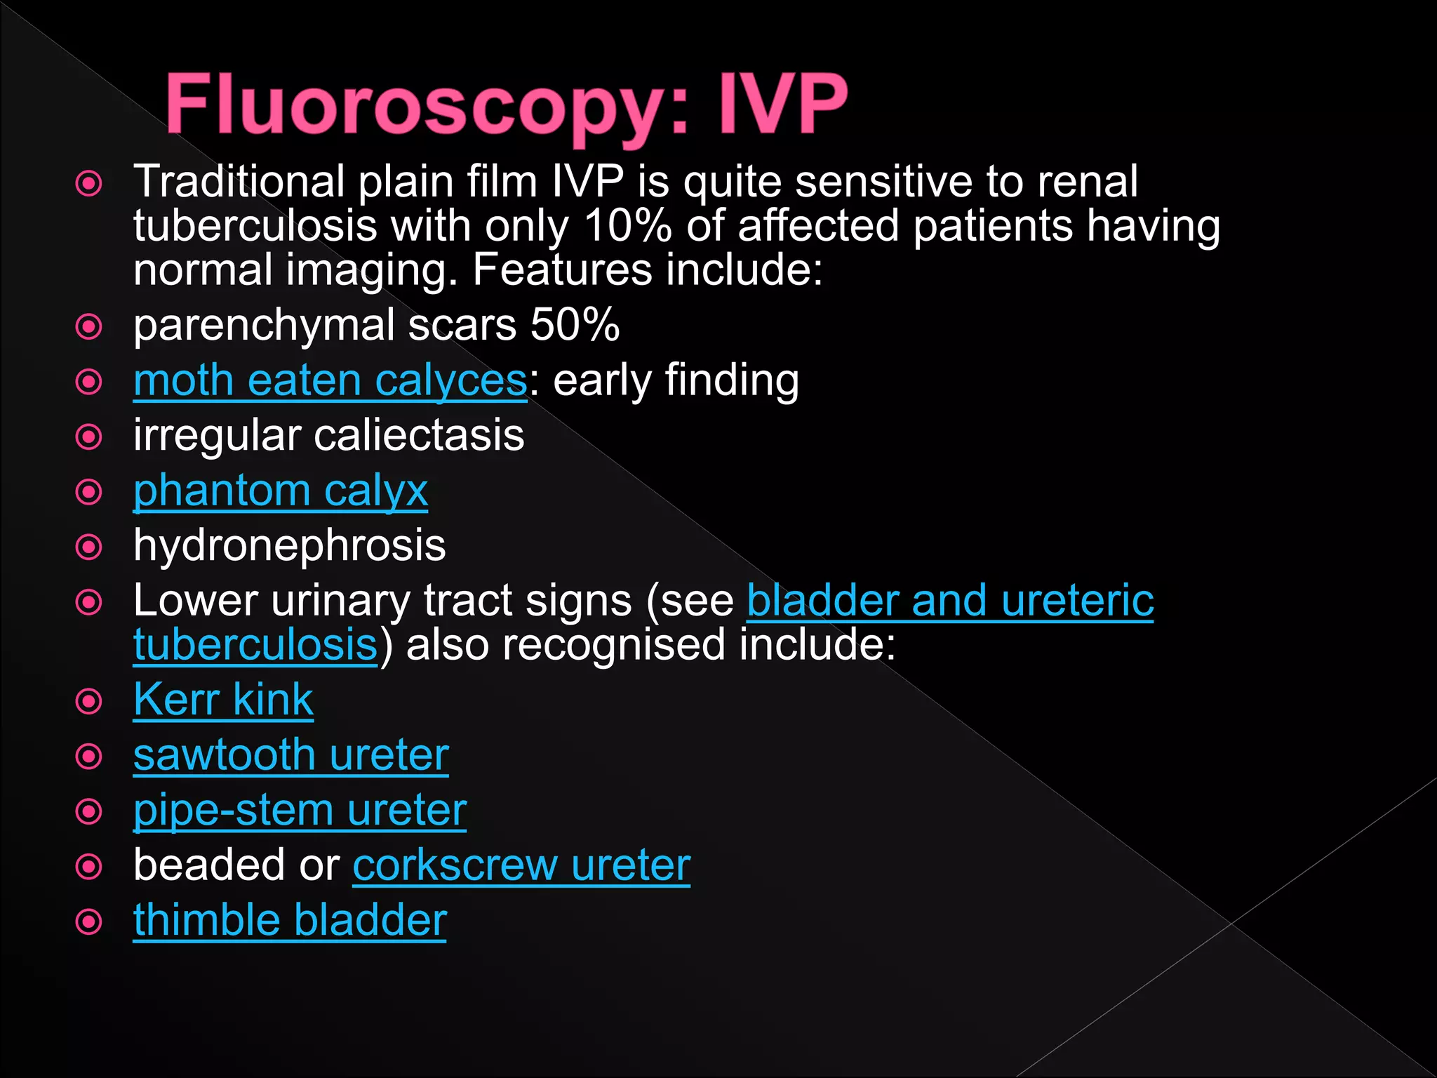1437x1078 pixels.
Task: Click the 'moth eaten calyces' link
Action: pos(330,380)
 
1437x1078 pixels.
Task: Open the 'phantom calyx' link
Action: pos(281,491)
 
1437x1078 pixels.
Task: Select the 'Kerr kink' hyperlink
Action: pos(223,700)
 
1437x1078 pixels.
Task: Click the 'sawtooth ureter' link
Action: pos(291,755)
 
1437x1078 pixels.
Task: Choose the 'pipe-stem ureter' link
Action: pos(300,811)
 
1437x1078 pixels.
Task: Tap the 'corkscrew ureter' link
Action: pos(521,865)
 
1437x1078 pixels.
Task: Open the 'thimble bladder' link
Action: pos(290,920)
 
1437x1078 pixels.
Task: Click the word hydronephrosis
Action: pos(289,545)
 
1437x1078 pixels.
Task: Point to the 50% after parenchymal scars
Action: pos(575,325)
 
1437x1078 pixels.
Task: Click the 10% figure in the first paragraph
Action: pos(627,226)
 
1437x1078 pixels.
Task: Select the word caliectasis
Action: pos(419,435)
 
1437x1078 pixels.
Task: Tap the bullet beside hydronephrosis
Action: pos(89,547)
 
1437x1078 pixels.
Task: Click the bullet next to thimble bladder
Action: pos(89,921)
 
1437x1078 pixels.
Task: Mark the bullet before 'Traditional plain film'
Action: pos(89,184)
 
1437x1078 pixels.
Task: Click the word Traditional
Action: pos(239,181)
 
